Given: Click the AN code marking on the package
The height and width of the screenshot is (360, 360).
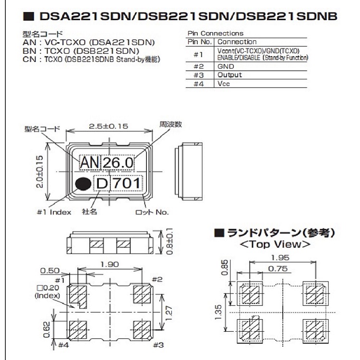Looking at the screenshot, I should point(89,163).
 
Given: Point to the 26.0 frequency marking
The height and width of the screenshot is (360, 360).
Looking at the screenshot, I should point(117,163).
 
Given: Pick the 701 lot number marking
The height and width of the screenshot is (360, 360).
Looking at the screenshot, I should point(126,183).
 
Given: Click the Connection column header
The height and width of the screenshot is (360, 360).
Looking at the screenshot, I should point(237,42).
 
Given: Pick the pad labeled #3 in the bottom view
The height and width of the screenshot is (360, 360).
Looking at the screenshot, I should point(142,330).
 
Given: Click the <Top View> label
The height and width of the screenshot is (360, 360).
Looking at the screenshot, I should point(274,244).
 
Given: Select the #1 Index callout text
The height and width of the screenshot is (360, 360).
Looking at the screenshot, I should point(54,211).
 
